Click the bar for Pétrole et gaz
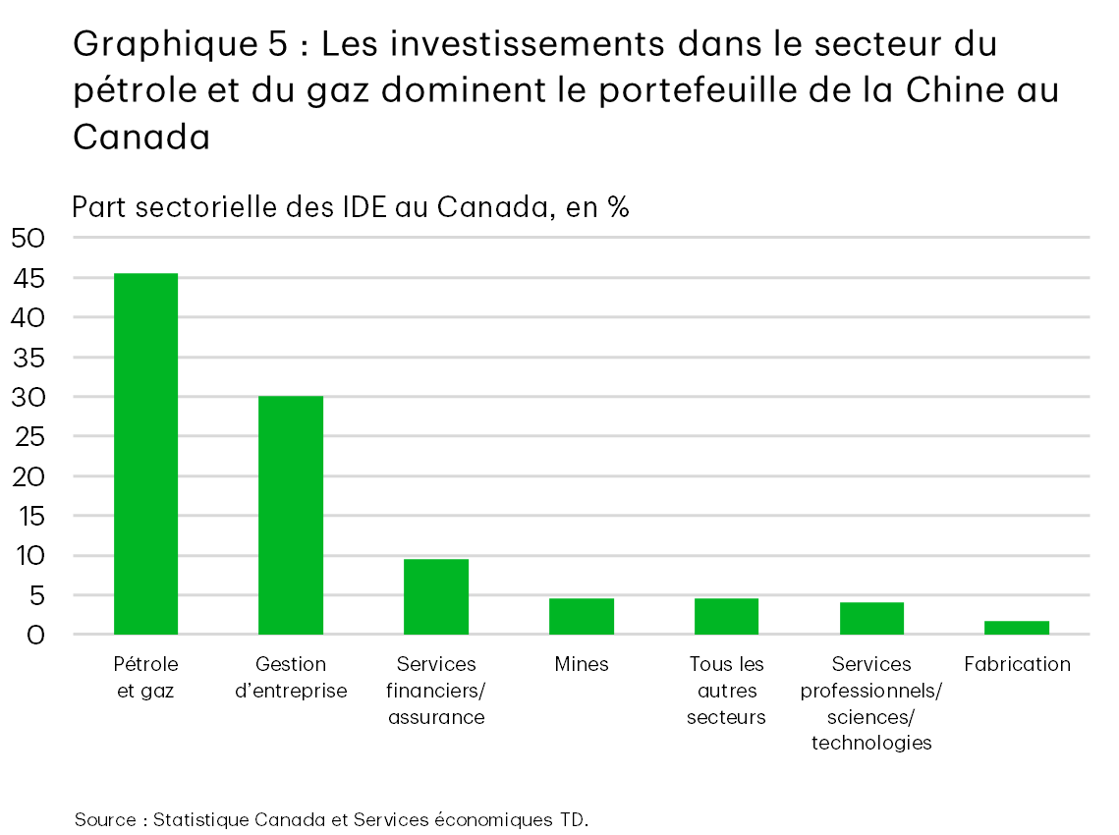pos(145,454)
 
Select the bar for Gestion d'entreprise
pos(291,515)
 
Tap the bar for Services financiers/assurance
pos(436,596)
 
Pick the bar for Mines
pos(582,616)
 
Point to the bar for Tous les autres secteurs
pos(726,616)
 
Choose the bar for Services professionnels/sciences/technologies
pos(871,618)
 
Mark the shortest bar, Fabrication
pos(1017,628)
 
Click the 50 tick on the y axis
pos(29,238)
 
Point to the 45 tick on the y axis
pos(29,278)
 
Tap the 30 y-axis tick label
pos(29,397)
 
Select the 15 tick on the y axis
pos(29,516)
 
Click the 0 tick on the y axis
pos(34,635)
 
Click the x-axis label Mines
pos(582,665)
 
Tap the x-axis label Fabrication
pos(1017,665)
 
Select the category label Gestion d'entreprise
pos(291,678)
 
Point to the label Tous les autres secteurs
pos(726,691)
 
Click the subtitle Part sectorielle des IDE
pos(350,207)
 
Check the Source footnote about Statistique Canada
pos(331,819)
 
